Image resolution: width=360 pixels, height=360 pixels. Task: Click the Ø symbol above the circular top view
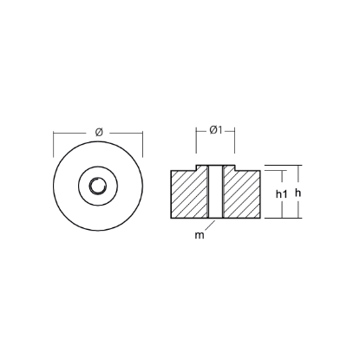(x=98, y=130)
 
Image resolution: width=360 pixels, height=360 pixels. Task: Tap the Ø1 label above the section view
(x=217, y=130)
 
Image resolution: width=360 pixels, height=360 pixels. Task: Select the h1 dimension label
(x=281, y=193)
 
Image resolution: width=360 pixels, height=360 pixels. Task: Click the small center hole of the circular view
(x=98, y=186)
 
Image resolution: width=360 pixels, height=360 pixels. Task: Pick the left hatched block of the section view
(x=188, y=194)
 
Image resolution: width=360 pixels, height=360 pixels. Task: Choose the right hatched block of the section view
(x=244, y=194)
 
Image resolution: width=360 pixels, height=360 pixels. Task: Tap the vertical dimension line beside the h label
(x=304, y=191)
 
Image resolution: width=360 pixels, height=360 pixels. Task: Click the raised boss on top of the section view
(x=216, y=166)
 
